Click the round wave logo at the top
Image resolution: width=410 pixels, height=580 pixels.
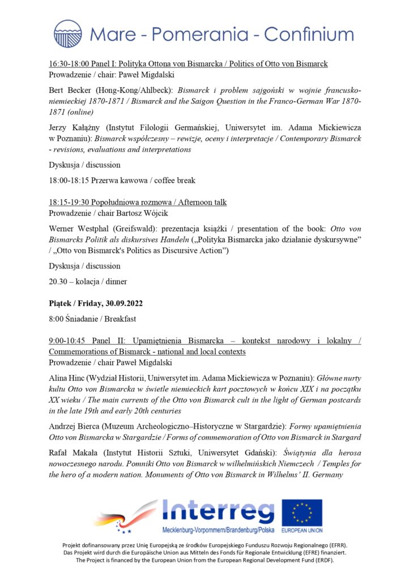(68, 33)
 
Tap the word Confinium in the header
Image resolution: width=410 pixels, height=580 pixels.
(309, 34)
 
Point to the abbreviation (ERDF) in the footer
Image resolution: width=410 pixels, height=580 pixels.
(321, 561)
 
